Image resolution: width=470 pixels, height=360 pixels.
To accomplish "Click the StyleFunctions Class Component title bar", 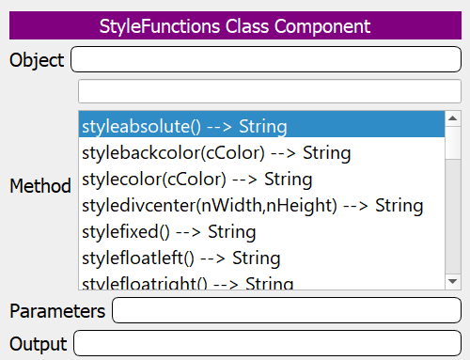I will click(x=235, y=25).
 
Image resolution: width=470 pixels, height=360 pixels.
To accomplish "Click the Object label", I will click(x=37, y=61).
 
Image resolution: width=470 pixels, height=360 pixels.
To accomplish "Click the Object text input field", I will click(x=265, y=60).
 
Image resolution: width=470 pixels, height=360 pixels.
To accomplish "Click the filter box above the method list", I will click(x=269, y=91).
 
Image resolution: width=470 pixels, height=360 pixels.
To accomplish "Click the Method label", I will click(x=40, y=186).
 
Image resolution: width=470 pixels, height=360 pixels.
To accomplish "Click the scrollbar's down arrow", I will click(x=452, y=281).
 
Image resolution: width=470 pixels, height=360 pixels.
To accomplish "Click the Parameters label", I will click(x=57, y=310).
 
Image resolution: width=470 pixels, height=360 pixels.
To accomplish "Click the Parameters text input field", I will click(x=286, y=310).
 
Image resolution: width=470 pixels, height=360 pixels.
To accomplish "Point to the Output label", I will click(x=39, y=343).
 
